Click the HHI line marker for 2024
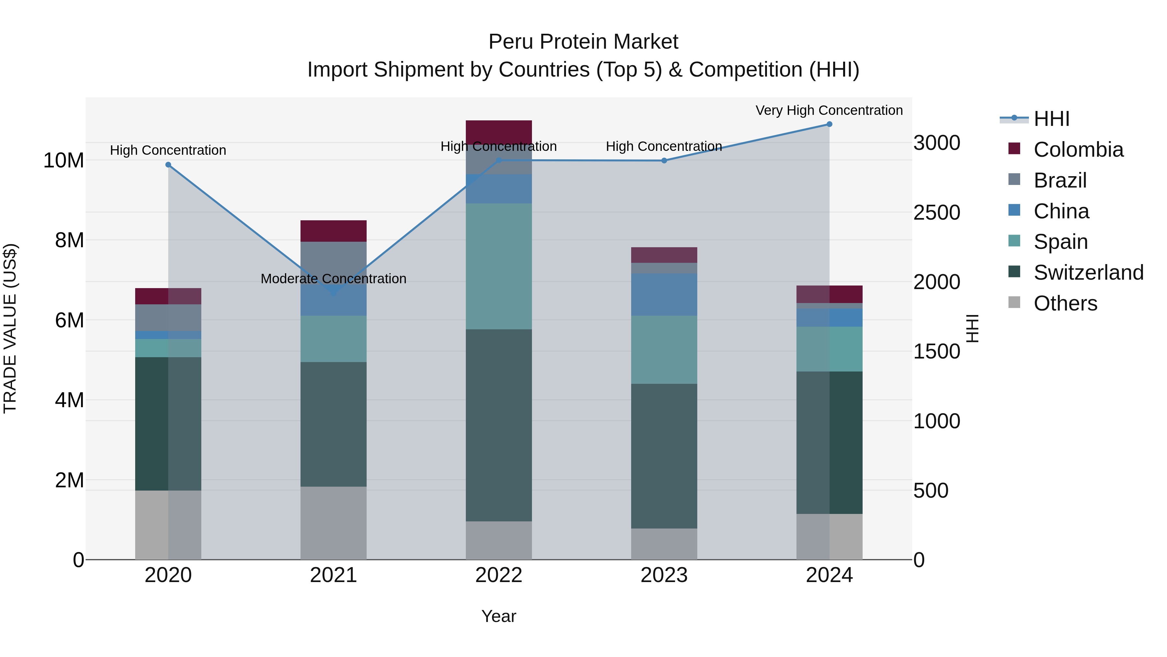tap(829, 124)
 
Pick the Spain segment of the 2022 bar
tap(498, 266)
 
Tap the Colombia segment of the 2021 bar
tap(334, 231)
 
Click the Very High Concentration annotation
tap(829, 111)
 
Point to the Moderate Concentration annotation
tap(334, 279)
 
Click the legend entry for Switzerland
tap(1088, 273)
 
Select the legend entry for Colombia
tap(1078, 150)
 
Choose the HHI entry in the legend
tap(1051, 119)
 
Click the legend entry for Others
tap(1065, 303)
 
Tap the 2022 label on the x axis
tap(498, 575)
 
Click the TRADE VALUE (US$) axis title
tap(10, 328)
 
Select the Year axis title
tap(498, 616)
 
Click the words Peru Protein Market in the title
tap(583, 42)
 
